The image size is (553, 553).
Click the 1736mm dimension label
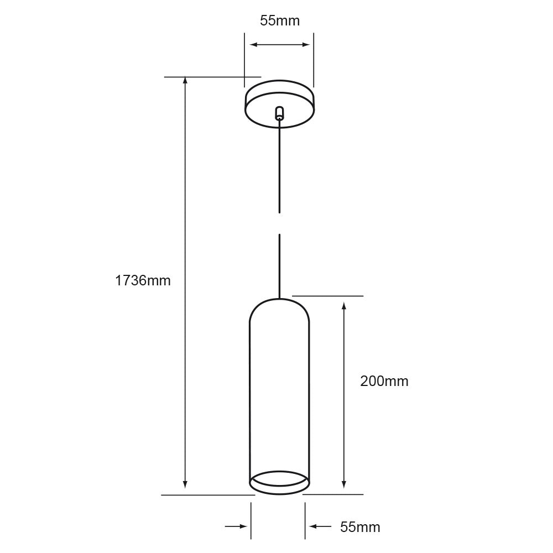click(143, 280)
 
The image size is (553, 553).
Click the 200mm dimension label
click(384, 381)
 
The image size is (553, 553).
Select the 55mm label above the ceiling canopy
click(280, 21)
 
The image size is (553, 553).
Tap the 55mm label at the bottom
click(360, 527)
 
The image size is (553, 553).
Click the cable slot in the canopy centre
click(279, 113)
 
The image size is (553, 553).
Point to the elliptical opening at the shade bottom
click(279, 482)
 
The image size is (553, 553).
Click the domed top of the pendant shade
click(279, 307)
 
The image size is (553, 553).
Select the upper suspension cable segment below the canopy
click(280, 166)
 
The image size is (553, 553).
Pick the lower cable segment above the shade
click(280, 265)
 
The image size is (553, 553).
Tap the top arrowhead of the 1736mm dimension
click(185, 81)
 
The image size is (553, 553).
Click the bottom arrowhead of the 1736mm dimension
click(185, 485)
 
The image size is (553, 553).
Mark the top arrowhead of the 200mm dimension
click(344, 306)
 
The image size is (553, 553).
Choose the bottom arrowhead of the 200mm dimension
click(344, 485)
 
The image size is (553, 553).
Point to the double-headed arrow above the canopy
click(279, 45)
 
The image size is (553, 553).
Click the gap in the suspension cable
click(280, 223)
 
